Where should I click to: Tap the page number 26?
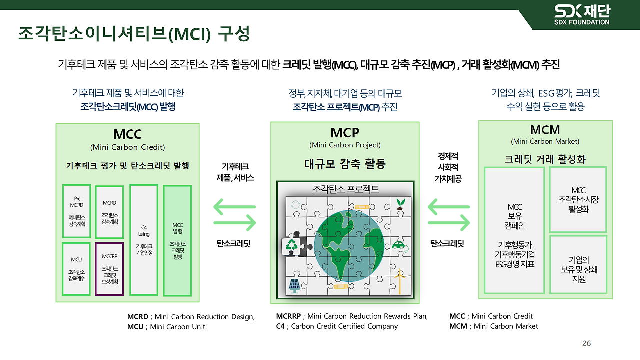[x=586, y=344]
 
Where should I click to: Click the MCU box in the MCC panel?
[x=76, y=268]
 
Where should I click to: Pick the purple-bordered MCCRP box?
[x=109, y=268]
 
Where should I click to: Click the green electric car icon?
[x=398, y=245]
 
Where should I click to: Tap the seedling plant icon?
[x=400, y=204]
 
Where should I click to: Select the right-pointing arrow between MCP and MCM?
[x=449, y=223]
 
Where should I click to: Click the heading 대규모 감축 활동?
[x=345, y=164]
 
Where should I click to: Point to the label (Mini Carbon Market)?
[x=545, y=141]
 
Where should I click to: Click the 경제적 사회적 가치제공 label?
[x=448, y=167]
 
